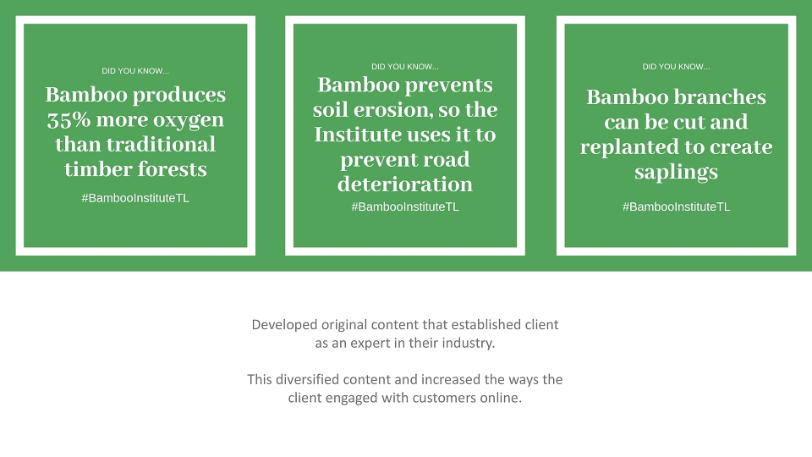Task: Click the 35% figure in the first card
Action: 69,119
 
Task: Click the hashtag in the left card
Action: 135,198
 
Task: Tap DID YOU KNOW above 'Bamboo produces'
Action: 135,71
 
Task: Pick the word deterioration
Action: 405,184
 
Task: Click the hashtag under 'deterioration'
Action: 405,206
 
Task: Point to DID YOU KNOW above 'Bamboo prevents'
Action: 405,67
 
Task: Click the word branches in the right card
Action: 721,97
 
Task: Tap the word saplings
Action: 677,173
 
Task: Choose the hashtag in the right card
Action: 677,206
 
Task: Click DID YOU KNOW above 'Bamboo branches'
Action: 677,67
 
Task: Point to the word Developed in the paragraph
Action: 284,325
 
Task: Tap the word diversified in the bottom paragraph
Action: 307,380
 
